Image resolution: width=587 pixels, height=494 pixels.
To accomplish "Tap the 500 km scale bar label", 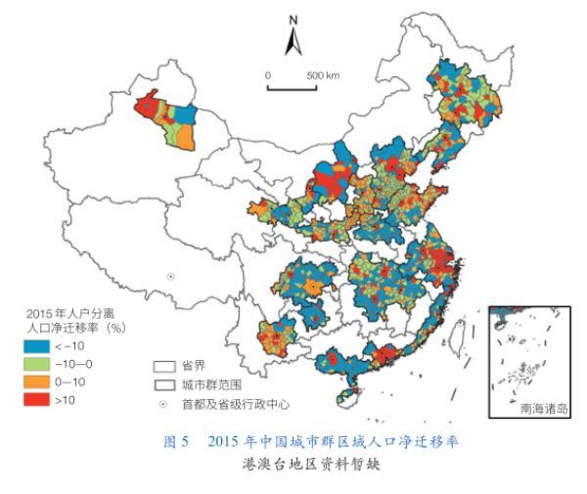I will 322,75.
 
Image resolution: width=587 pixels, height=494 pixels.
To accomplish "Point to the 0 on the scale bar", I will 267,75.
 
